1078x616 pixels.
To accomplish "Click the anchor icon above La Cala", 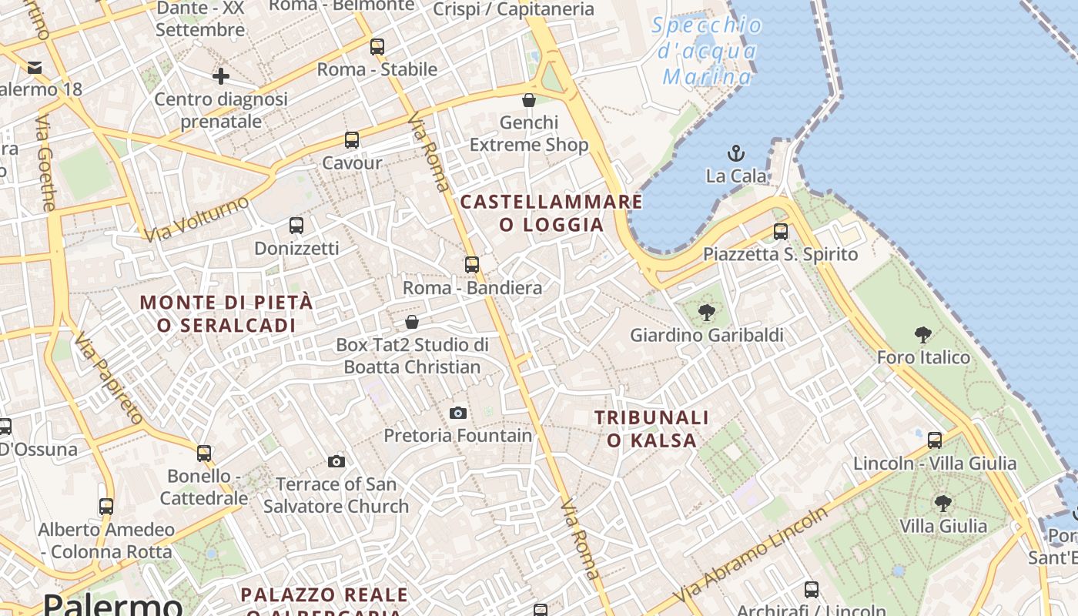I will tap(737, 152).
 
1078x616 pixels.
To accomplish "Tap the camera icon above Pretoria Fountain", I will tap(458, 413).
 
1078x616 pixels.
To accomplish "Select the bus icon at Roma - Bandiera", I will tap(472, 265).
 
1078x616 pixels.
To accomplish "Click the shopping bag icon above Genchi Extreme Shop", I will tap(529, 100).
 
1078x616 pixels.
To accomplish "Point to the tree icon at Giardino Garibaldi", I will tap(706, 313).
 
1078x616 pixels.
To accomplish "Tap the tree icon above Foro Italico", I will tap(923, 335).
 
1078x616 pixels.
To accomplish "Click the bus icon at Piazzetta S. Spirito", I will tap(781, 231).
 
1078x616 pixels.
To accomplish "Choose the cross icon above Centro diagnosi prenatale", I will tap(221, 76).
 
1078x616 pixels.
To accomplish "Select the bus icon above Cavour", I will tap(352, 140).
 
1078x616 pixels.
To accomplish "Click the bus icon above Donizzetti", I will tap(296, 226).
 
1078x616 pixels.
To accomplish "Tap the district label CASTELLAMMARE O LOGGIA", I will tap(551, 213).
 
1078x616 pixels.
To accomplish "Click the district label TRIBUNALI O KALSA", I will tap(651, 429).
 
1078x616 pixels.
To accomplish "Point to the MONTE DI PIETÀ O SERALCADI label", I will tap(226, 313).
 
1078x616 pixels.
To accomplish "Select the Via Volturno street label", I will tap(197, 218).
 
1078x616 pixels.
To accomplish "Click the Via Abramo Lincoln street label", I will tap(752, 554).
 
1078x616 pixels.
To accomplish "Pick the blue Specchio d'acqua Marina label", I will tap(707, 51).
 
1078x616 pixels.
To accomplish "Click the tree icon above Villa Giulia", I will tap(942, 504).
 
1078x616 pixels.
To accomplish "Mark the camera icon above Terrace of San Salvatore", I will tap(336, 462).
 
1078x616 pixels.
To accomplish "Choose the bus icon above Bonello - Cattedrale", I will tap(204, 454).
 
